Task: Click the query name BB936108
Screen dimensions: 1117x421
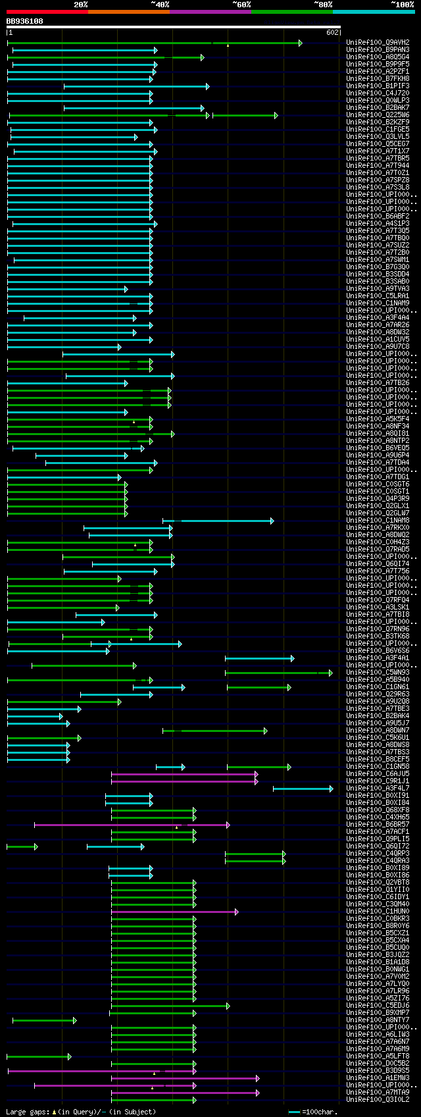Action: coord(25,21)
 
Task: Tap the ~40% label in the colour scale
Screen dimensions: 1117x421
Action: coord(160,5)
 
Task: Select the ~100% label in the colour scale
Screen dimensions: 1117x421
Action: coord(402,5)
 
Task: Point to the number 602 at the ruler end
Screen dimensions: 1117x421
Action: coord(332,32)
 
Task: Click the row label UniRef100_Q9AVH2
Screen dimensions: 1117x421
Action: coord(377,43)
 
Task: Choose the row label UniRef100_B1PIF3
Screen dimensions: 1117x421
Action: coord(377,86)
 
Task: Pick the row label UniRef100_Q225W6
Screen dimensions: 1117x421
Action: coord(377,115)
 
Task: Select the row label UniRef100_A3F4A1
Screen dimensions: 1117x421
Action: coord(377,658)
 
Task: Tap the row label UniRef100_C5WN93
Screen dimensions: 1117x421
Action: coord(377,673)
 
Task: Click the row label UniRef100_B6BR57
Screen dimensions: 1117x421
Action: coord(377,825)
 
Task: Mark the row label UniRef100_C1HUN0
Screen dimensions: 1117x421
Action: coord(377,912)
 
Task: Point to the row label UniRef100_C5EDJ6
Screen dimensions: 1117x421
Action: coord(377,1006)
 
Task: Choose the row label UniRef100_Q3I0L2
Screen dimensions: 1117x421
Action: coord(377,1100)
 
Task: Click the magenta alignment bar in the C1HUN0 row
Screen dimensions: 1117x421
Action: coord(174,912)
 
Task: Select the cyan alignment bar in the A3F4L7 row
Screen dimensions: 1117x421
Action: coord(303,789)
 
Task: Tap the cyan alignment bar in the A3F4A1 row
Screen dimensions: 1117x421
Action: coord(259,658)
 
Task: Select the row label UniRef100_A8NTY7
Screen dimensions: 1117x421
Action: coord(377,1020)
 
